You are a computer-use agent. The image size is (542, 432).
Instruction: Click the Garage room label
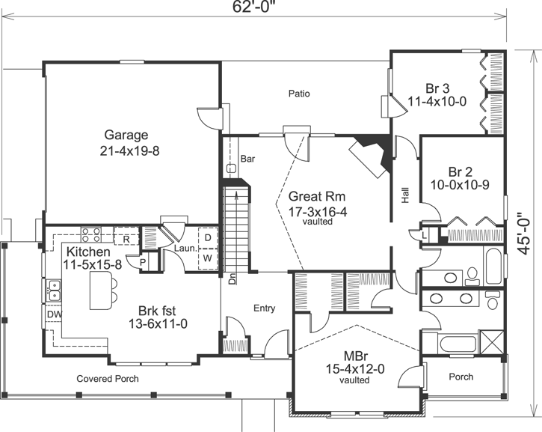pyautogui.click(x=126, y=136)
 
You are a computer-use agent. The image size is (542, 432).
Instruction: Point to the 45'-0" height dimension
pyautogui.click(x=528, y=235)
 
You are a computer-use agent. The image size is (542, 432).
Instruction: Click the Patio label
pyautogui.click(x=299, y=94)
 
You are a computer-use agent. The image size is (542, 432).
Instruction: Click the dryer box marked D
pyautogui.click(x=208, y=238)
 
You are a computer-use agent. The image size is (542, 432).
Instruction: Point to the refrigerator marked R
pyautogui.click(x=128, y=239)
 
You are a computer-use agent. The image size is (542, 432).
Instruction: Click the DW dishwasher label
pyautogui.click(x=54, y=314)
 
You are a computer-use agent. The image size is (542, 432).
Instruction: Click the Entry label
pyautogui.click(x=264, y=308)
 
